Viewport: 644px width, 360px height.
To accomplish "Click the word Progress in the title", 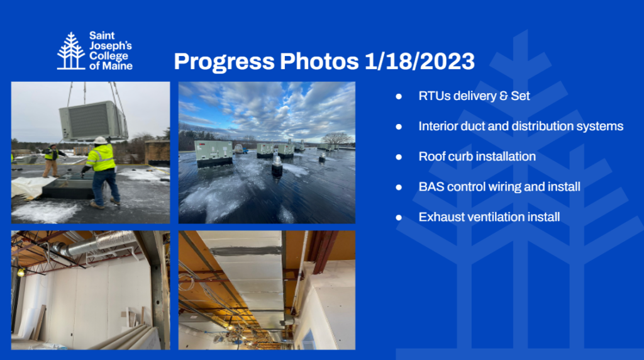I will click(224, 62).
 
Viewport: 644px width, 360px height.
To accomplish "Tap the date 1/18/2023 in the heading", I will click(419, 62).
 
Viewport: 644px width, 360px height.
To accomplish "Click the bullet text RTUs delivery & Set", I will click(474, 96).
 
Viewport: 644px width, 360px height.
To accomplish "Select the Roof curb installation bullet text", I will click(477, 157).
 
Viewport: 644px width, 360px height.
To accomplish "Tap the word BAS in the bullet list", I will click(430, 187).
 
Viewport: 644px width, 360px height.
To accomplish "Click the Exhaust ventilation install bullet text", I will click(489, 217).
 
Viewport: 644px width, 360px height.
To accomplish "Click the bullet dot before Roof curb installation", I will click(399, 157).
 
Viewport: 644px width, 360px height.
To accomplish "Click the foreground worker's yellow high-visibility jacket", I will click(101, 157).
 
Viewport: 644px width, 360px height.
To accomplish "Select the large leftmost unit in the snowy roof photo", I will click(213, 153).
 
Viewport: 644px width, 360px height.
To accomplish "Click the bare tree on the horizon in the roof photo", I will click(335, 138).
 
